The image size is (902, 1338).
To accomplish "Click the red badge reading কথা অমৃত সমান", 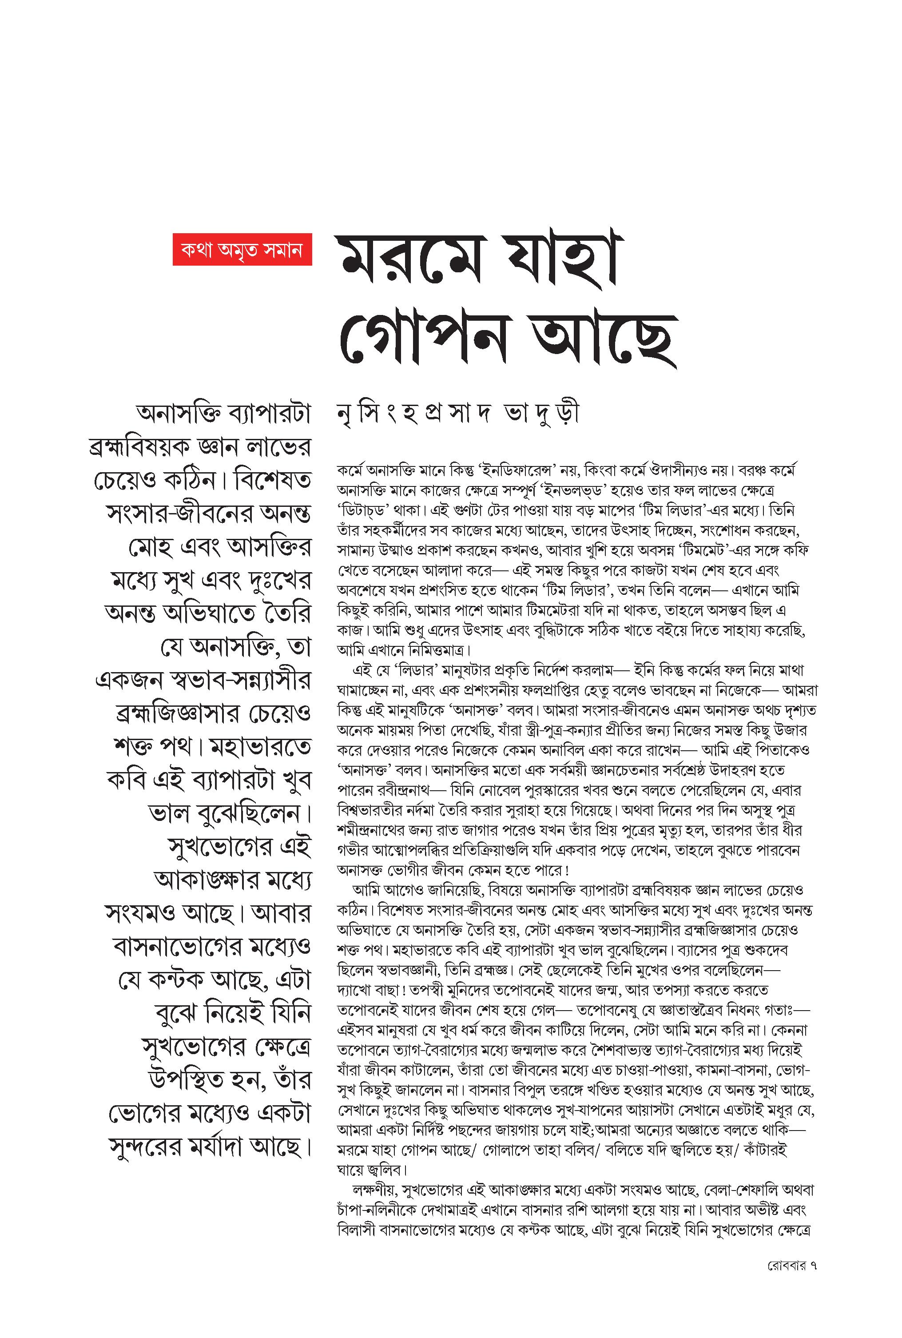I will pos(242,249).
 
